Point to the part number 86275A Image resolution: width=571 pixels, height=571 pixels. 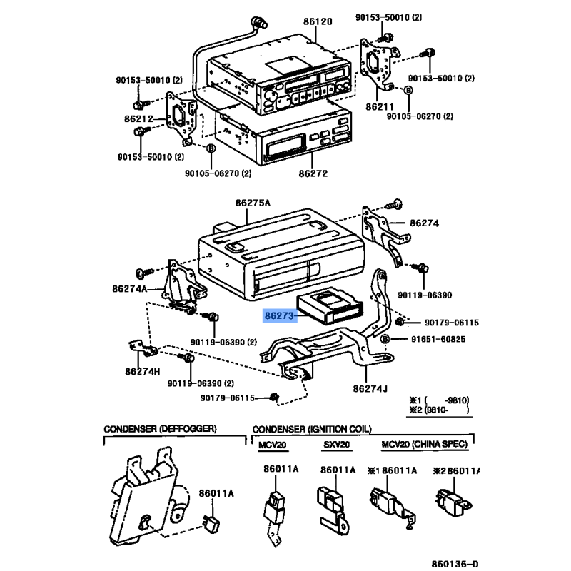(x=253, y=203)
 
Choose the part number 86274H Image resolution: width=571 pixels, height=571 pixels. (x=142, y=371)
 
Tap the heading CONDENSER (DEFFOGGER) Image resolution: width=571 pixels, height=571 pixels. (x=160, y=429)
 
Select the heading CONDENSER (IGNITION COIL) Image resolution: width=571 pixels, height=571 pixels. (x=311, y=429)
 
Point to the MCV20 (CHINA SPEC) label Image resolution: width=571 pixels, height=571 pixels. (x=424, y=445)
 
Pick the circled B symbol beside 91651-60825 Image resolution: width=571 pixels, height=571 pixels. (x=385, y=338)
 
